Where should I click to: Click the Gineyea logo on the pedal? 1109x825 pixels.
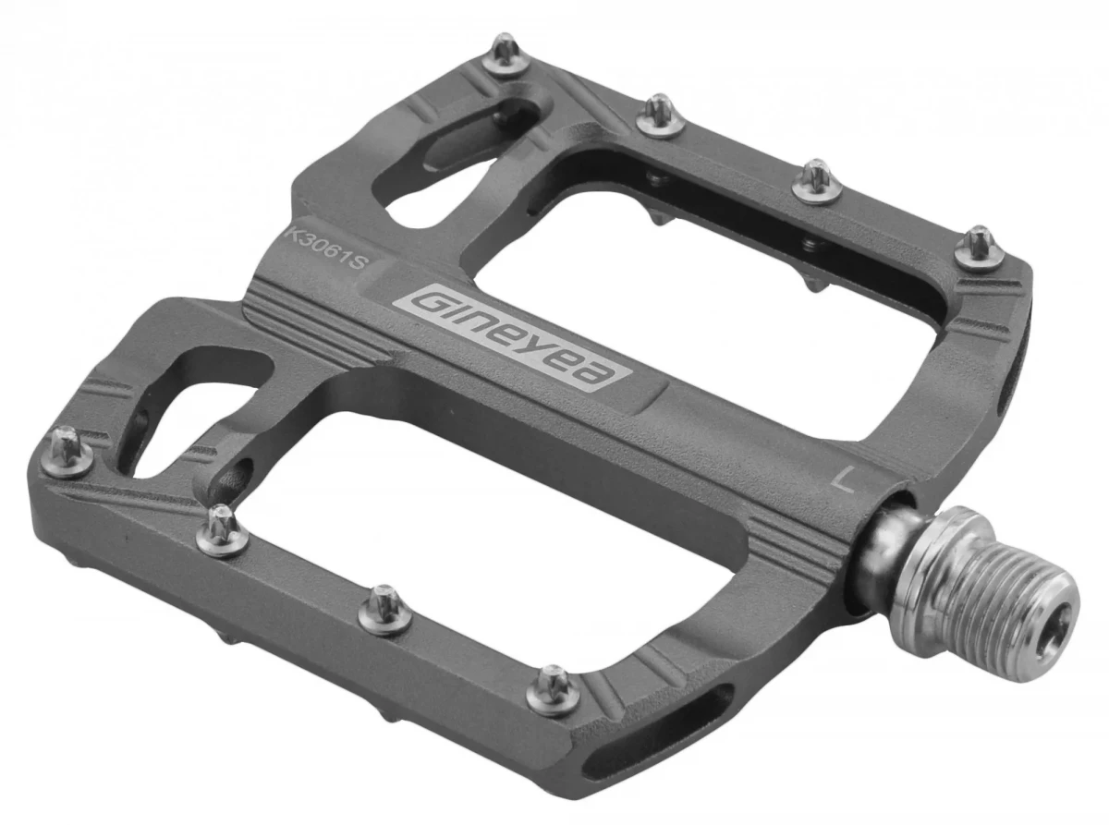tap(513, 337)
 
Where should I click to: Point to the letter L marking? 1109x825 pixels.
tap(843, 479)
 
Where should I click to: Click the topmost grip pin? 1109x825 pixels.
tap(506, 54)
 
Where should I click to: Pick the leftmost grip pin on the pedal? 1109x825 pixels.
tap(67, 453)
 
